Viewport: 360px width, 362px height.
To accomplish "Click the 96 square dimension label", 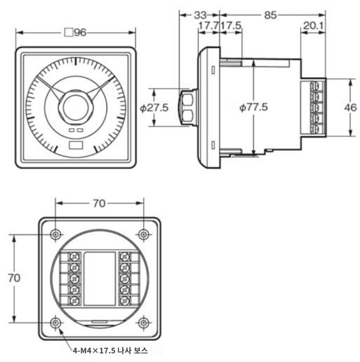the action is (x=75, y=32).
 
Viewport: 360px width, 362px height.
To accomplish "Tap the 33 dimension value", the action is (x=200, y=15).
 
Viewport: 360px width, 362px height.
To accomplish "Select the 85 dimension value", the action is (x=270, y=15).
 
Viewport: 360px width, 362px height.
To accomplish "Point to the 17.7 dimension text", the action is (x=208, y=26).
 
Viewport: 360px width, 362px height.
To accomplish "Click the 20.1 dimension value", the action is (x=313, y=26).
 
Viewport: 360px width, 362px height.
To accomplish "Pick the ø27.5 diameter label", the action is (x=154, y=108).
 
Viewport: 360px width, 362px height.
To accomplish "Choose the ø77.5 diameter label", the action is (x=253, y=107).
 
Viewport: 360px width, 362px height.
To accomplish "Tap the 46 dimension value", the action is (x=350, y=107).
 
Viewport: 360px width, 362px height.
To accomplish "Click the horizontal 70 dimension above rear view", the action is (x=99, y=204).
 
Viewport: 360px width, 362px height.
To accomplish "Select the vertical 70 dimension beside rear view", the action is (x=14, y=278).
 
